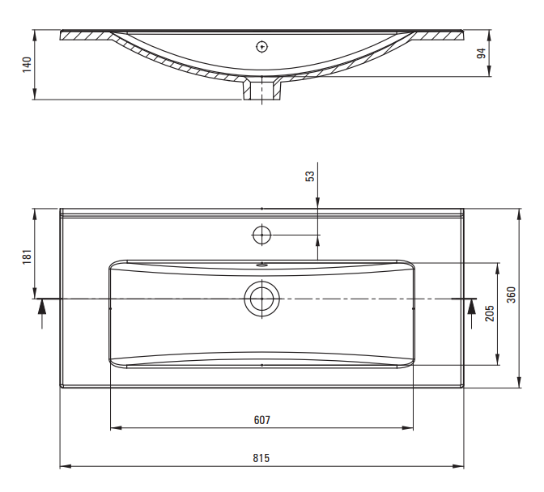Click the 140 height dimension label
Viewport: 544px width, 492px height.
click(27, 65)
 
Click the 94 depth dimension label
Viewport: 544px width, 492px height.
click(481, 53)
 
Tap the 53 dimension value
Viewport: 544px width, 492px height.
click(310, 176)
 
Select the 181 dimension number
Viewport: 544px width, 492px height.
click(27, 257)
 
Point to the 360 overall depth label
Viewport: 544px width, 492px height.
click(511, 295)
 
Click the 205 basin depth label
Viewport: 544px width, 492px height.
click(490, 313)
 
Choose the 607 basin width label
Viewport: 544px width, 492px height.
click(262, 420)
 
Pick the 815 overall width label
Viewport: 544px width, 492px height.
click(261, 458)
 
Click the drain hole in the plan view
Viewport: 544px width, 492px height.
click(262, 299)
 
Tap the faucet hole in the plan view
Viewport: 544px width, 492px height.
click(262, 235)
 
